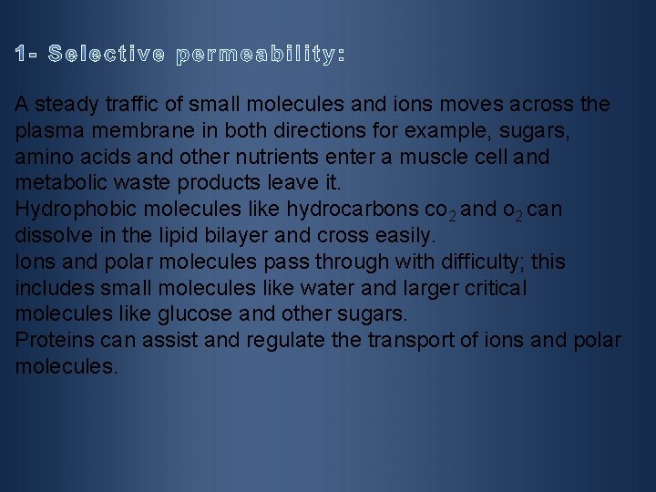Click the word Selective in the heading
[107, 55]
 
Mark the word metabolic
[62, 183]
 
